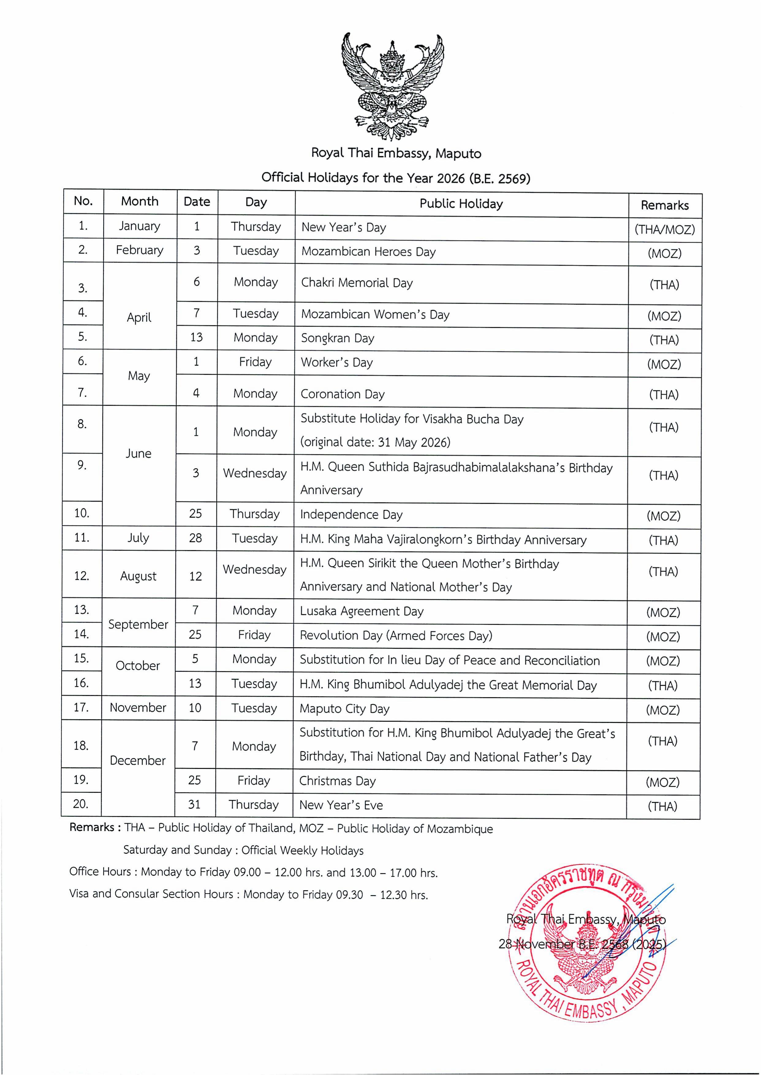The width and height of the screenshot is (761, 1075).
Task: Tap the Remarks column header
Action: (x=664, y=205)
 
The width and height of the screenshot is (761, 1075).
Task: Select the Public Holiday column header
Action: (x=461, y=204)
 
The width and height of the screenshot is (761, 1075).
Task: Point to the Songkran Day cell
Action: (x=337, y=338)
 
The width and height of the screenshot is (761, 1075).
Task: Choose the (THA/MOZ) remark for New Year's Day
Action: (x=664, y=230)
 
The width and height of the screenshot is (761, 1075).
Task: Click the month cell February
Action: (x=140, y=250)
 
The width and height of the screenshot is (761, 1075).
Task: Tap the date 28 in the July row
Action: (x=195, y=538)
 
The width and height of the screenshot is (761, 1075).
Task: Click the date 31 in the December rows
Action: (x=195, y=804)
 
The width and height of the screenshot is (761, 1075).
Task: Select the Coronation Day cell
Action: (x=342, y=394)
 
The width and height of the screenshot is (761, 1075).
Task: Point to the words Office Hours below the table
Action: (x=100, y=872)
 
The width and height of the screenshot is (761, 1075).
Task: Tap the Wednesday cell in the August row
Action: (x=255, y=570)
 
